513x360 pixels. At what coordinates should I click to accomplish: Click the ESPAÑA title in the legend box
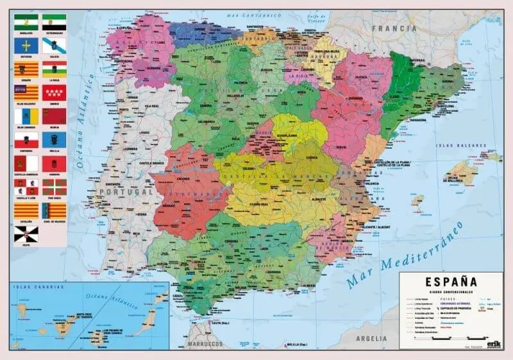point(450,281)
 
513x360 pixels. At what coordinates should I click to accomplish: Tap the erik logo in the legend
point(492,344)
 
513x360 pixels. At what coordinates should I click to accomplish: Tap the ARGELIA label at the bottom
point(373,338)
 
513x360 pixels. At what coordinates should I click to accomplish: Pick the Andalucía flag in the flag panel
point(26,22)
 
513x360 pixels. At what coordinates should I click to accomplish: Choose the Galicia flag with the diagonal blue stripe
point(54,45)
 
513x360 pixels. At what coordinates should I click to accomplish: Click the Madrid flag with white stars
point(54,92)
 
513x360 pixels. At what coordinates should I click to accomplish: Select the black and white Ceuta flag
point(26,234)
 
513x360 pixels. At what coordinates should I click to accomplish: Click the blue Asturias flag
point(26,45)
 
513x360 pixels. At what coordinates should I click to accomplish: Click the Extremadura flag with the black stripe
point(54,22)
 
